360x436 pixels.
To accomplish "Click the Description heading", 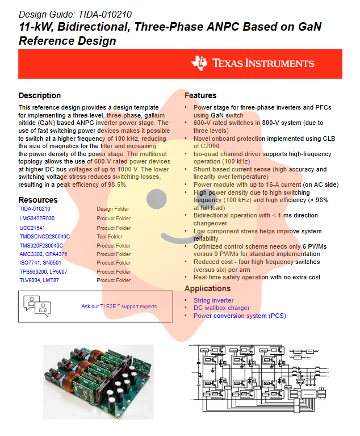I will pyautogui.click(x=39, y=95).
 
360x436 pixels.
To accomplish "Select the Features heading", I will pyautogui.click(x=200, y=95).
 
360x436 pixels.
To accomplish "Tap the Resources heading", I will pyautogui.click(x=38, y=200).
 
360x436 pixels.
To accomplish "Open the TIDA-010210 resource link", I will pyautogui.click(x=35, y=209).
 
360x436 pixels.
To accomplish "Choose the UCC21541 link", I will pyautogui.click(x=32, y=228).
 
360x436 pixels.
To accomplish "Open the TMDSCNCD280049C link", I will pyautogui.click(x=44, y=236).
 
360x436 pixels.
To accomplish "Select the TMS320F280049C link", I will pyautogui.click(x=41, y=245).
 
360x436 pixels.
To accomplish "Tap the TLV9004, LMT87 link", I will pyautogui.click(x=39, y=280).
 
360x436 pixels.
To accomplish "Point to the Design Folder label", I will pyautogui.click(x=112, y=209).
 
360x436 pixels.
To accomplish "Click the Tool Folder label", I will pyautogui.click(x=109, y=236).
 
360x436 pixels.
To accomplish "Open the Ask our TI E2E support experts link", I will pyautogui.click(x=119, y=307).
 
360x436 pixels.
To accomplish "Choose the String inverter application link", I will pyautogui.click(x=213, y=300).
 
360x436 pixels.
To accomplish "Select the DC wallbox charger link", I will pyautogui.click(x=221, y=308).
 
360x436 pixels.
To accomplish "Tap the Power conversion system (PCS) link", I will pyautogui.click(x=240, y=316).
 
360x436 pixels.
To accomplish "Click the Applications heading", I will pyautogui.click(x=207, y=288).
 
